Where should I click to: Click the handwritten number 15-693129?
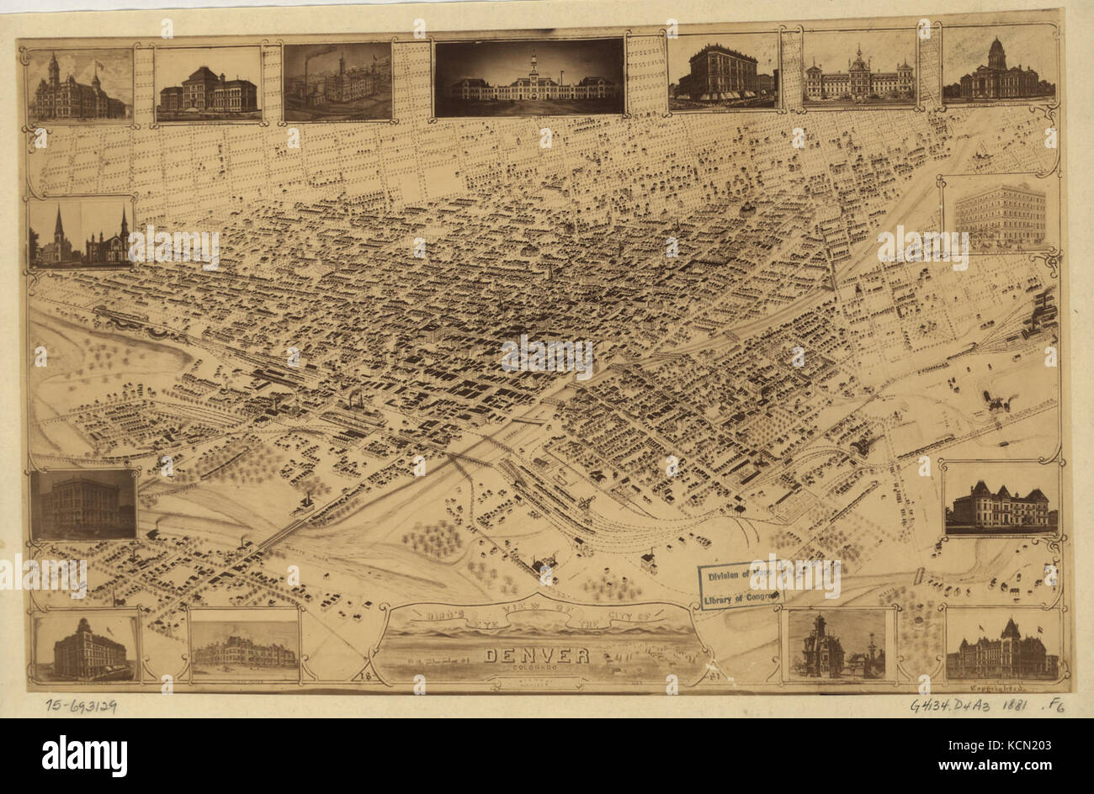tap(81, 706)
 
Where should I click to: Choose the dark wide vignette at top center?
tap(529, 77)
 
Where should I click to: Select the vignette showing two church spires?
tap(82, 233)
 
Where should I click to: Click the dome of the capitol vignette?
tap(996, 52)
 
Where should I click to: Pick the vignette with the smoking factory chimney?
tap(337, 82)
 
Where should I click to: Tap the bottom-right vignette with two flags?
tap(1001, 645)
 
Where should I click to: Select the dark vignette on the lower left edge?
tap(83, 504)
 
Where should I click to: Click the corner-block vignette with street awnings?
tap(723, 73)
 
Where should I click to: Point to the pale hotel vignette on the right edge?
tap(999, 214)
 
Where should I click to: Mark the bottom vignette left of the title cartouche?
tap(244, 645)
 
